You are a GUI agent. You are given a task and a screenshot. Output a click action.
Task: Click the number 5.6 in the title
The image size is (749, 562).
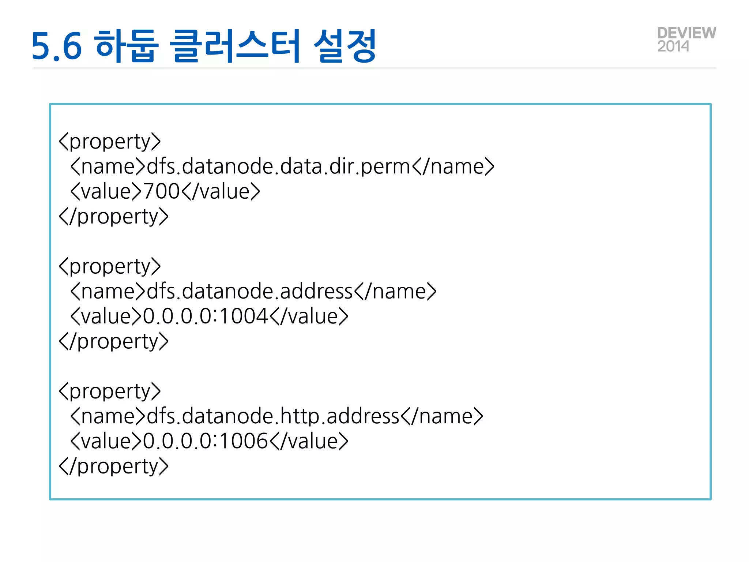pyautogui.click(x=56, y=46)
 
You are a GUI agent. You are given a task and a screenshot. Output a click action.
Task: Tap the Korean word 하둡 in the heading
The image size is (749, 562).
pyautogui.click(x=127, y=46)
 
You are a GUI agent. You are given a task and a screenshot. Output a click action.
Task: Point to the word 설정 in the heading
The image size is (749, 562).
pyautogui.click(x=345, y=46)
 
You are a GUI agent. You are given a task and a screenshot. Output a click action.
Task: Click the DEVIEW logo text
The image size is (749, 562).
pyautogui.click(x=686, y=33)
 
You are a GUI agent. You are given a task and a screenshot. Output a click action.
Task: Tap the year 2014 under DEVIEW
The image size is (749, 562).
pyautogui.click(x=673, y=46)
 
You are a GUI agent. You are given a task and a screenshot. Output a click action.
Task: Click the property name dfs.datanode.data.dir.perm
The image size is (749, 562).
pyautogui.click(x=278, y=166)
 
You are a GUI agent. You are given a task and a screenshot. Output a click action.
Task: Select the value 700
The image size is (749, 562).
pyautogui.click(x=161, y=191)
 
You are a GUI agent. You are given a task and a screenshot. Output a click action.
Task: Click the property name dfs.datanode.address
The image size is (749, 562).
pyautogui.click(x=249, y=291)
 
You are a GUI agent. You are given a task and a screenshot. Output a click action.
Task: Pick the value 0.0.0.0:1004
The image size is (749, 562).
pyautogui.click(x=206, y=316)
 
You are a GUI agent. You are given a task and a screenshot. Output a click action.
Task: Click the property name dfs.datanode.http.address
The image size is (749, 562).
pyautogui.click(x=273, y=416)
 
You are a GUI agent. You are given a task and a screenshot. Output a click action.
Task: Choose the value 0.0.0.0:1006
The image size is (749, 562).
pyautogui.click(x=206, y=441)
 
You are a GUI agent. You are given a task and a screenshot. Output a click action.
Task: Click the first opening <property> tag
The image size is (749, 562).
pyautogui.click(x=110, y=142)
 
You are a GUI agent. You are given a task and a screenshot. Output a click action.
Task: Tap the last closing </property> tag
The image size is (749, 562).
pyautogui.click(x=114, y=466)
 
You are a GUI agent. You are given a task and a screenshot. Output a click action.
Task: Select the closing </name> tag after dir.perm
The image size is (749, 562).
pyautogui.click(x=453, y=166)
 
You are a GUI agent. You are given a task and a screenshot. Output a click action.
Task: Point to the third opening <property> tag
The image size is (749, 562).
pyautogui.click(x=110, y=391)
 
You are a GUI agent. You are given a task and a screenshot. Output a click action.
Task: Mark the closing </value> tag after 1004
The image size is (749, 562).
pyautogui.click(x=309, y=316)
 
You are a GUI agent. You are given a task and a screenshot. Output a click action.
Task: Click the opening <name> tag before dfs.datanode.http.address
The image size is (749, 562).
pyautogui.click(x=108, y=416)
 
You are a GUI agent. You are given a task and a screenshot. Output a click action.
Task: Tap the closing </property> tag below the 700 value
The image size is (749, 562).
pyautogui.click(x=114, y=217)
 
